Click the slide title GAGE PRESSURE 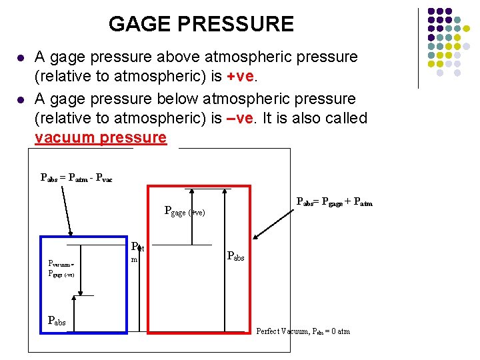pyautogui.click(x=201, y=25)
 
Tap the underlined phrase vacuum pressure pyautogui.click(x=100, y=138)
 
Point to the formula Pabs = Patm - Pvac pyautogui.click(x=77, y=177)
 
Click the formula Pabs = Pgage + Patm pyautogui.click(x=334, y=202)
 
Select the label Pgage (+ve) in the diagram pyautogui.click(x=184, y=212)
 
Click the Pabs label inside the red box pyautogui.click(x=236, y=255)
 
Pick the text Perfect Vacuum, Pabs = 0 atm pyautogui.click(x=303, y=331)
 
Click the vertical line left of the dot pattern pyautogui.click(x=418, y=48)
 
